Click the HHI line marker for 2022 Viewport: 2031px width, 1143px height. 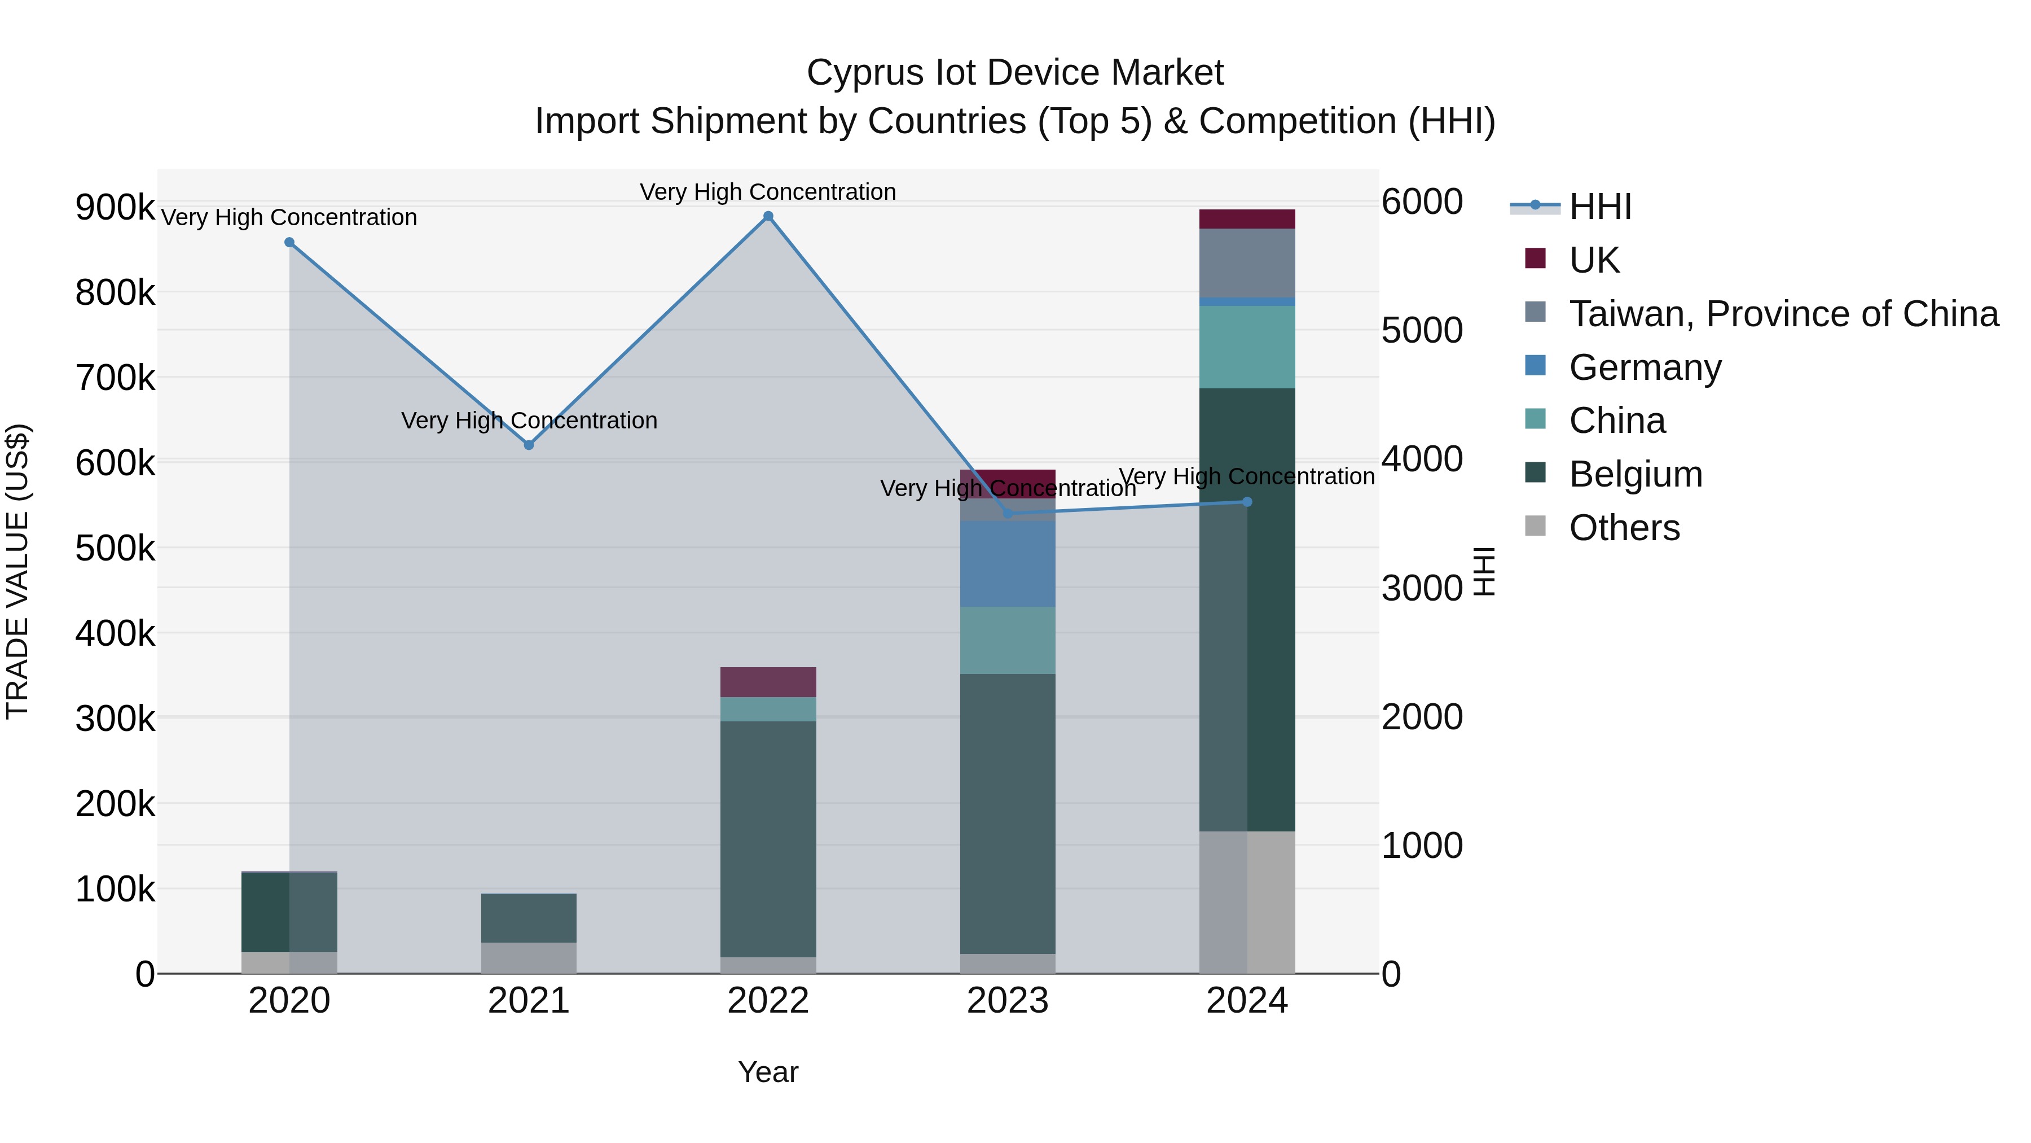coord(768,216)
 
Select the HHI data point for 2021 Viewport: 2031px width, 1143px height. coord(529,445)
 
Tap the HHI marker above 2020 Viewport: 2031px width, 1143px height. coord(289,242)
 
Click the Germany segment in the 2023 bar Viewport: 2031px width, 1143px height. coord(1008,564)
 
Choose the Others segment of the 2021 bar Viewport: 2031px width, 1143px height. coord(529,958)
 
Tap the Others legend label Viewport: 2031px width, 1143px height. coord(1624,528)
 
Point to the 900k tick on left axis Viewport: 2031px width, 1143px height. coord(115,208)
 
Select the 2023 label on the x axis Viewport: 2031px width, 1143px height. coord(1008,1001)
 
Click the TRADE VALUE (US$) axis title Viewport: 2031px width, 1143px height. coord(17,571)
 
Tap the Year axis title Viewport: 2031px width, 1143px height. coord(768,1072)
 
